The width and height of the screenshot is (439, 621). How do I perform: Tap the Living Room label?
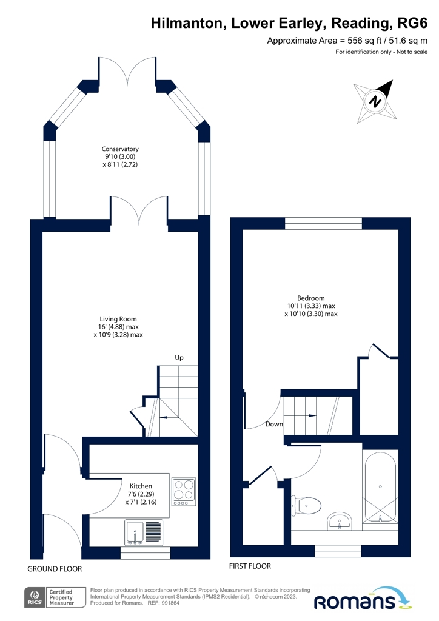(x=118, y=326)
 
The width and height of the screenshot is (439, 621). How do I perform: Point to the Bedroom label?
(x=310, y=306)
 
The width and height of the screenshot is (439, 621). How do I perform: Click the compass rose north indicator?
(x=377, y=101)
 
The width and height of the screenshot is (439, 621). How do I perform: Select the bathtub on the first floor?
(x=380, y=486)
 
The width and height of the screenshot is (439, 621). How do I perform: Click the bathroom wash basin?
(x=340, y=521)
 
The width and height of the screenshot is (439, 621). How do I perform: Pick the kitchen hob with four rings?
(x=184, y=492)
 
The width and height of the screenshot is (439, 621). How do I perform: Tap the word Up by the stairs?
(x=179, y=358)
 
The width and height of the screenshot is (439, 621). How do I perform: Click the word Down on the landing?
(x=274, y=425)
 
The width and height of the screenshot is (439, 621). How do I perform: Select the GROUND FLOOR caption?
(x=54, y=569)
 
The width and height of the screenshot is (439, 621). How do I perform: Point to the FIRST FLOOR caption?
(x=249, y=566)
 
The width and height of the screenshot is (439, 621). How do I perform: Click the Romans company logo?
(x=363, y=601)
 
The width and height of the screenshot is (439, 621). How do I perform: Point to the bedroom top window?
(x=323, y=223)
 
